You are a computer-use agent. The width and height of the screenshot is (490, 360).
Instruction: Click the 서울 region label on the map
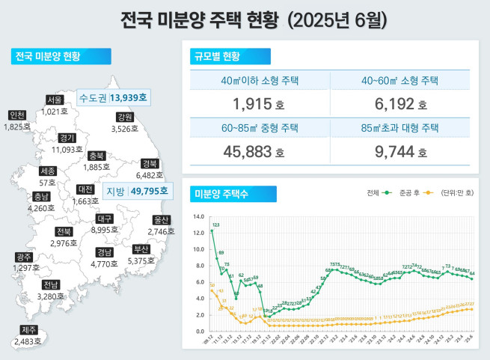[x=54, y=100]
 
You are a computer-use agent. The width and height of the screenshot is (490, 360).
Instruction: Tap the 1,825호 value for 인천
[x=17, y=127]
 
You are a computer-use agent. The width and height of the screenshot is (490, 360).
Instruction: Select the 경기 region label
[x=67, y=138]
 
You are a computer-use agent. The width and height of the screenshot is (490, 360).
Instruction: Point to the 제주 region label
[x=28, y=329]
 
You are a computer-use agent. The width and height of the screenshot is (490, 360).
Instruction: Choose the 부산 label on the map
[x=141, y=249]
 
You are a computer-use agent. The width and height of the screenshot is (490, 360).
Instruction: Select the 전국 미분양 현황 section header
[x=59, y=57]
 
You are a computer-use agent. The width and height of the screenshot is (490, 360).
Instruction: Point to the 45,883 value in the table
[x=254, y=152]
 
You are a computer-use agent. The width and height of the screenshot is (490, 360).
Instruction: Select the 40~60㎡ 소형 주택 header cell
[x=399, y=81]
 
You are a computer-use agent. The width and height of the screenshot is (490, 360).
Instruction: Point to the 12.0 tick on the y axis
[x=198, y=232]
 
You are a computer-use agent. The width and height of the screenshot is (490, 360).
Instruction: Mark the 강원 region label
[x=124, y=118]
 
